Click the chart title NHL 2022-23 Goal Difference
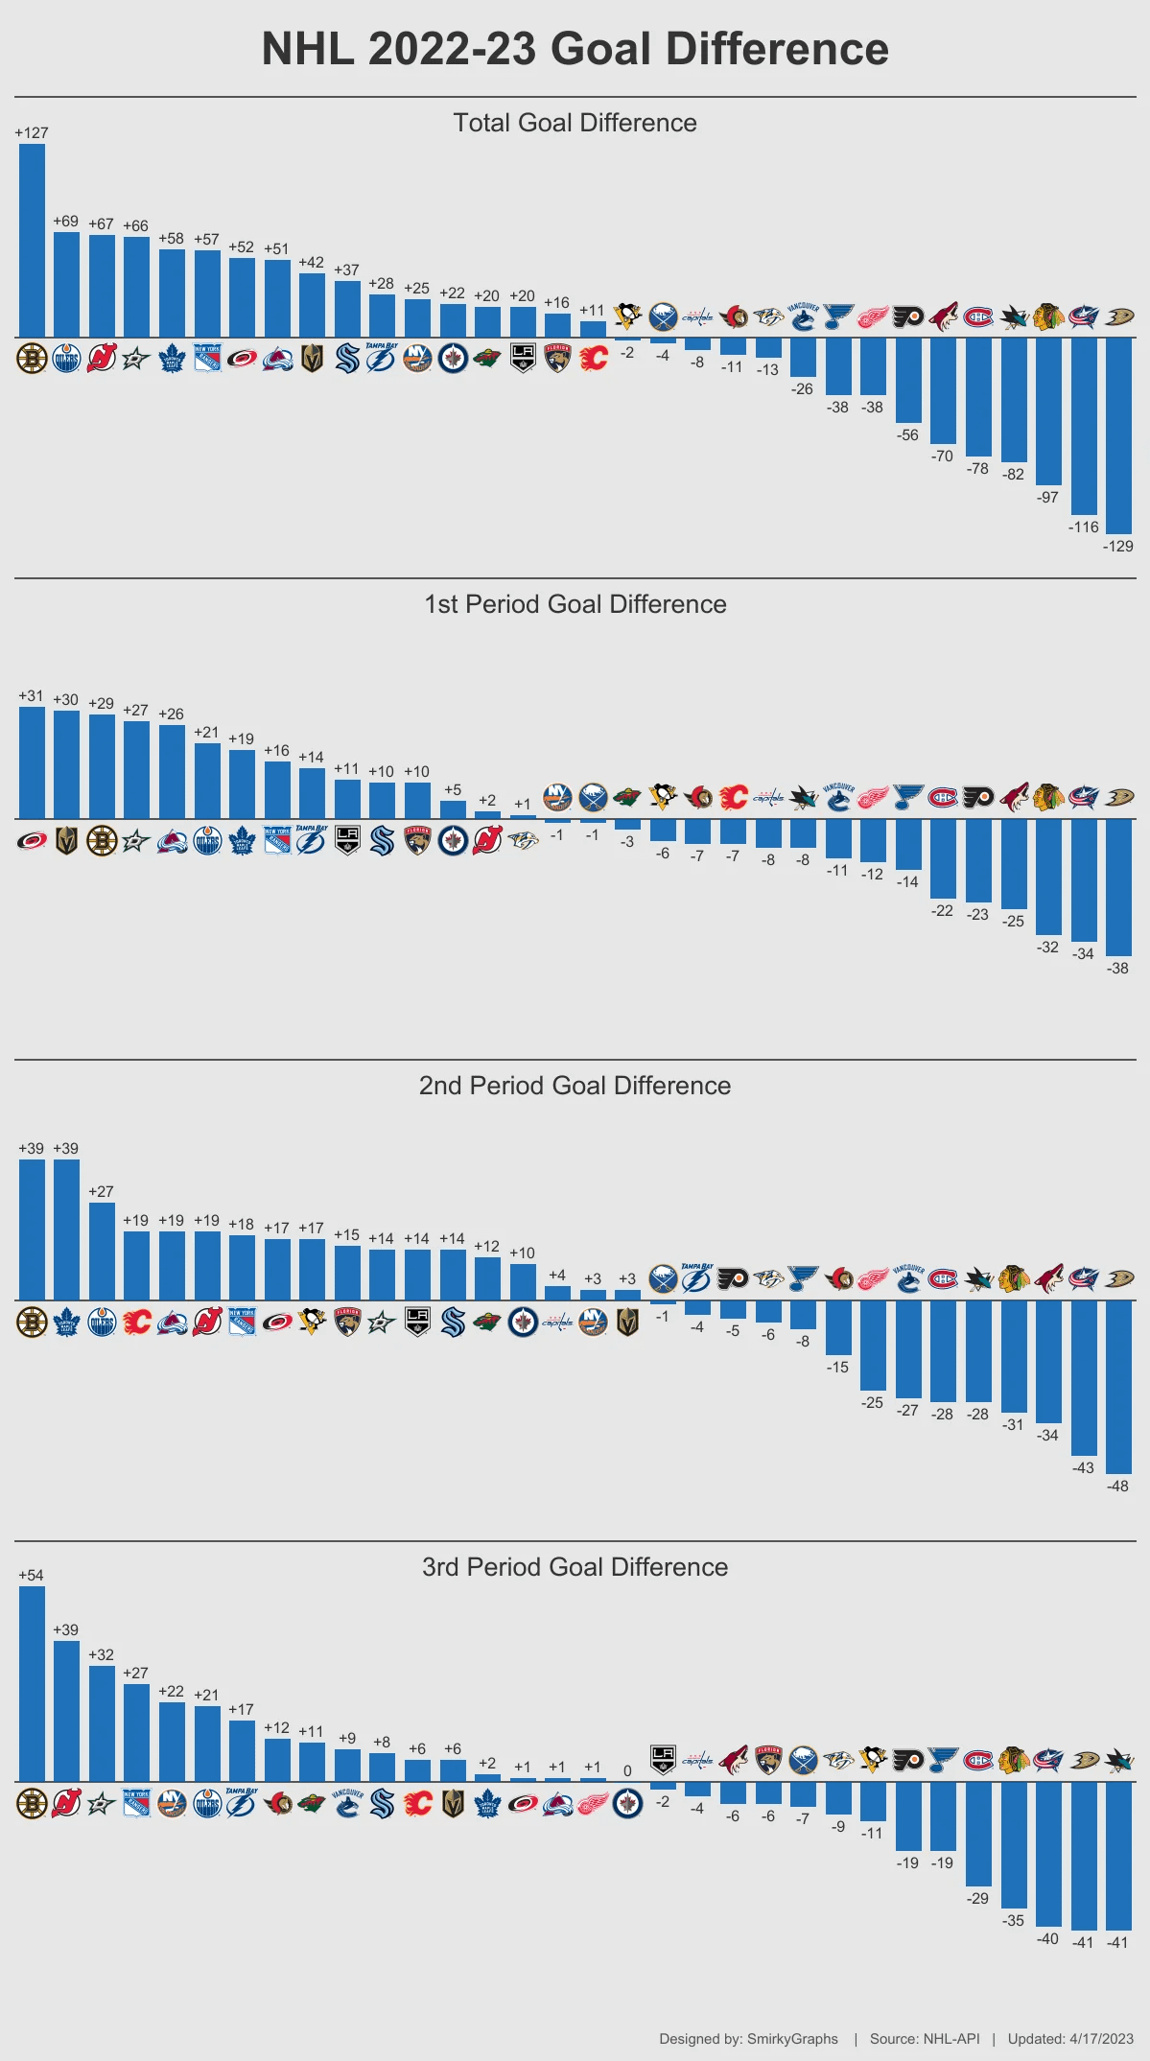[x=575, y=49]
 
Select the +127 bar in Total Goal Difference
[x=32, y=240]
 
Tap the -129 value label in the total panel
[x=1117, y=546]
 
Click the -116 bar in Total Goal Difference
[x=1084, y=426]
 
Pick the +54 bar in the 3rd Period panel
[x=32, y=1683]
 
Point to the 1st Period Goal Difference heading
[x=575, y=604]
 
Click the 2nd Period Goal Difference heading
[x=575, y=1086]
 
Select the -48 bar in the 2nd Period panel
[x=1118, y=1387]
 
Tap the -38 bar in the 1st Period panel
[x=1118, y=887]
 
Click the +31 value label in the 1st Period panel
[x=31, y=696]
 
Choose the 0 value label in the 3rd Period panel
[x=627, y=1771]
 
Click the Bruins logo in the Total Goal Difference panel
[x=32, y=359]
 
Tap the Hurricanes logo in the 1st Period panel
[x=32, y=841]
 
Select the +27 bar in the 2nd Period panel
[x=102, y=1251]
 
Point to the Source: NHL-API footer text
[x=925, y=2039]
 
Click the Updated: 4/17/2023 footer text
[x=1070, y=2039]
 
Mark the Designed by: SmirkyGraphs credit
[x=748, y=2039]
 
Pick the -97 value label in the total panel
[x=1047, y=498]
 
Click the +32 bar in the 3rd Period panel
[x=102, y=1723]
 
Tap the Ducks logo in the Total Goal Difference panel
[x=1118, y=316]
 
